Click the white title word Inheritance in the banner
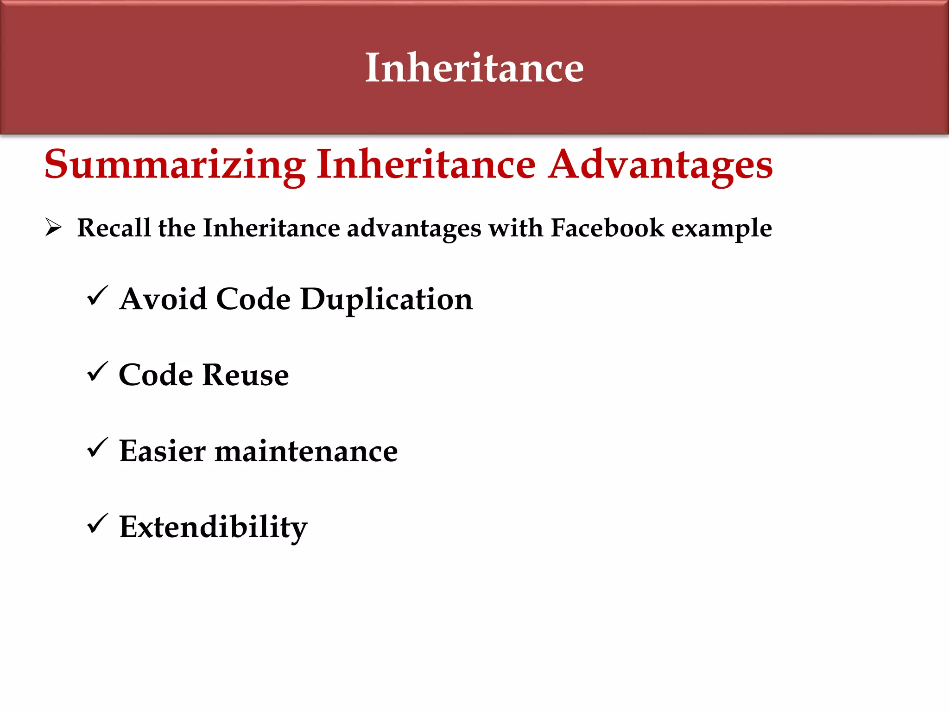click(x=474, y=68)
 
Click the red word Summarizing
click(x=175, y=165)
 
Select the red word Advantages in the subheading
click(x=660, y=165)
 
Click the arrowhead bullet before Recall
click(x=53, y=227)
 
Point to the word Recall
click(x=114, y=228)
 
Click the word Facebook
click(x=607, y=228)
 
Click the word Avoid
click(x=163, y=299)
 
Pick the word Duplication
click(x=386, y=299)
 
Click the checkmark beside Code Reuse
click(x=97, y=372)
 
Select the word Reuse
click(x=246, y=375)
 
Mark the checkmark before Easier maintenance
click(x=97, y=448)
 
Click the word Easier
click(x=162, y=451)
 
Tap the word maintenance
click(x=306, y=451)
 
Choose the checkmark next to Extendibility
click(x=97, y=524)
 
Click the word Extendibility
click(x=213, y=528)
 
